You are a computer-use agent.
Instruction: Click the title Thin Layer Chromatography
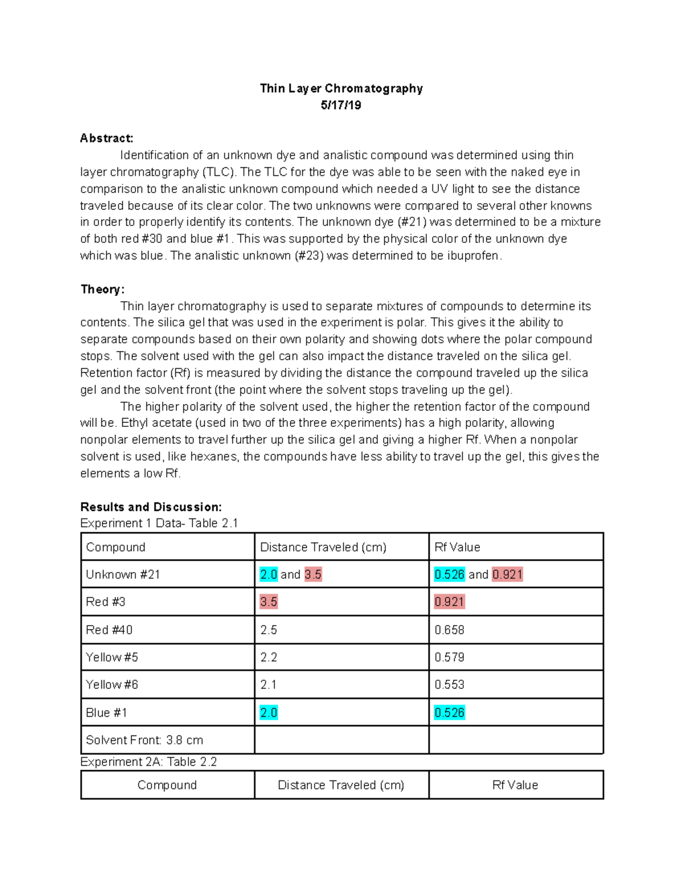click(x=341, y=88)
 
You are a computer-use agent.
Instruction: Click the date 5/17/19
click(x=341, y=105)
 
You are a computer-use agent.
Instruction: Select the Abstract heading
click(x=106, y=138)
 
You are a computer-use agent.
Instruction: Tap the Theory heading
click(x=102, y=289)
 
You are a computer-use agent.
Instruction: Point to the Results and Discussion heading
click(x=151, y=507)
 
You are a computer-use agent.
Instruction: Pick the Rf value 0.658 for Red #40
click(x=449, y=630)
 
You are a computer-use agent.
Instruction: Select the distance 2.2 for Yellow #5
click(x=269, y=657)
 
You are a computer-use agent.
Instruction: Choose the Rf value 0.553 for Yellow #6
click(x=449, y=685)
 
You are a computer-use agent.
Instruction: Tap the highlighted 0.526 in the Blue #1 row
click(x=449, y=713)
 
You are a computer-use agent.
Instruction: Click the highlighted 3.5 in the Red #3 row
click(x=269, y=602)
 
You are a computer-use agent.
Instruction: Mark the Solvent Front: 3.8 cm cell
click(x=144, y=740)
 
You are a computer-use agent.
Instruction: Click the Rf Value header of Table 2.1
click(x=457, y=547)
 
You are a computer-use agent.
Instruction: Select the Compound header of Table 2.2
click(x=167, y=785)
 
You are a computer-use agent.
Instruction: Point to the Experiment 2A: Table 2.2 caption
click(x=149, y=762)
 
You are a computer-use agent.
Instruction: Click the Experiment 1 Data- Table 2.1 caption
click(x=159, y=523)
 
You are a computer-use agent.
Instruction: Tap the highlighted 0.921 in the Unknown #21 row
click(x=507, y=574)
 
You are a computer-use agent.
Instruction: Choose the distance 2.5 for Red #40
click(x=269, y=630)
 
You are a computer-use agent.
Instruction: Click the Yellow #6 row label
click(x=112, y=685)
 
